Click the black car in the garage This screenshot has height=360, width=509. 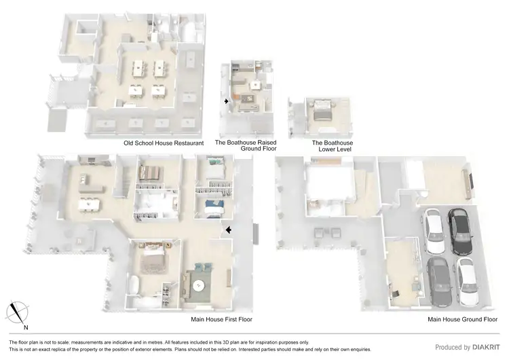461,229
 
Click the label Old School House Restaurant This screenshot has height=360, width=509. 164,143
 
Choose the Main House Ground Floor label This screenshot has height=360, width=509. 461,319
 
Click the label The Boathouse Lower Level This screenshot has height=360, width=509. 331,146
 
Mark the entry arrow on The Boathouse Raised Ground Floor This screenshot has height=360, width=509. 227,102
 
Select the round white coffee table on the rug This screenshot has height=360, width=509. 199,286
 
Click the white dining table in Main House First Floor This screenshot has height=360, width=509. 89,204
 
